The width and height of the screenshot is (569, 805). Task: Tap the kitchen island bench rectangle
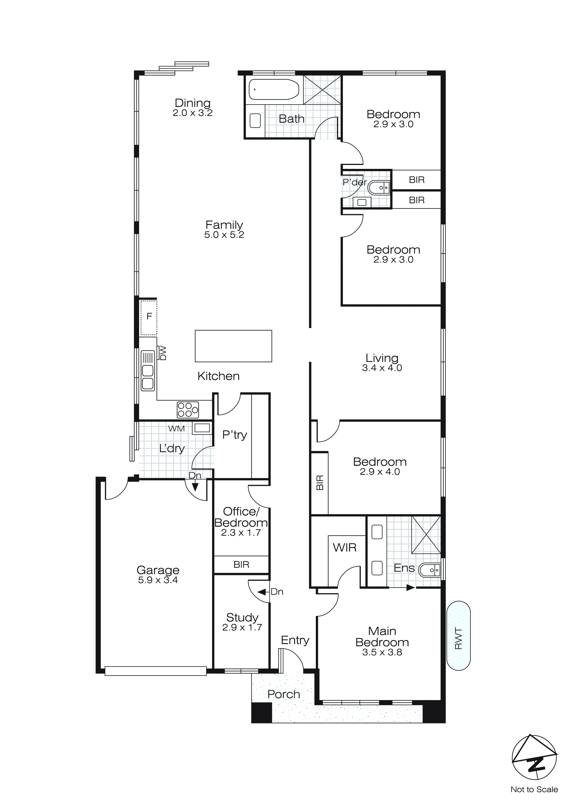(233, 346)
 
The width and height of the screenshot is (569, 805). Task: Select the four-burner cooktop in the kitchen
(188, 410)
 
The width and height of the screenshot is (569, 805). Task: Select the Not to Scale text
(534, 789)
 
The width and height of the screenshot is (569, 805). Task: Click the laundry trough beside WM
(202, 428)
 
